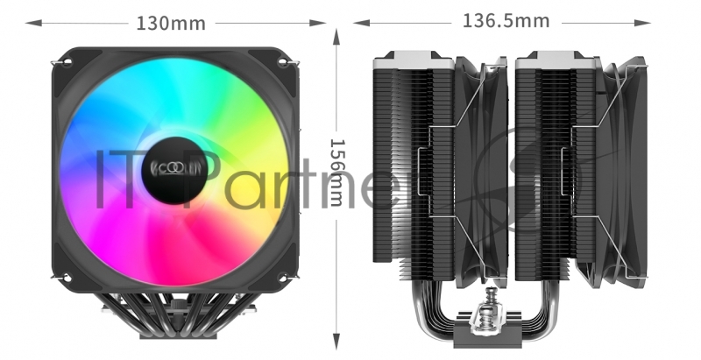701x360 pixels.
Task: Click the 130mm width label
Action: click(x=170, y=22)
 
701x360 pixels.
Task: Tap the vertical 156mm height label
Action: click(x=336, y=173)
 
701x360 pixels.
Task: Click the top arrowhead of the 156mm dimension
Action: click(x=337, y=33)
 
